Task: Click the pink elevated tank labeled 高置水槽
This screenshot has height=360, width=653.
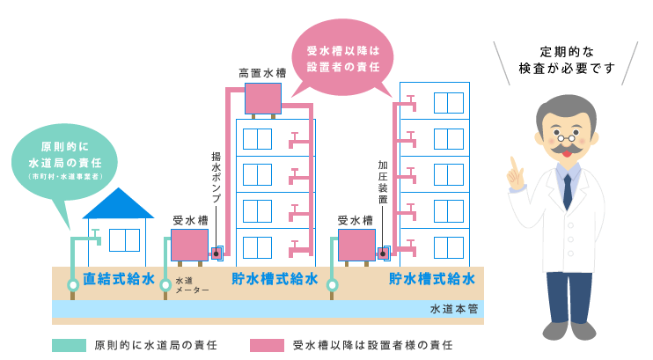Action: coord(262,98)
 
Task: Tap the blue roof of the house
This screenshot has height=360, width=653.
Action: coord(118,205)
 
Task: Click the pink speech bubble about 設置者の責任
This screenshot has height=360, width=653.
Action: coord(342,58)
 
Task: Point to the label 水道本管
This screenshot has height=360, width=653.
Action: coord(454,310)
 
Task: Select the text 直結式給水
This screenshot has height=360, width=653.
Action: coord(119,279)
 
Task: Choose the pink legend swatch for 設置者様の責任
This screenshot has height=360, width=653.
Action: coord(267,345)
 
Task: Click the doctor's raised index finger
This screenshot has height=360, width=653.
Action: coord(510,166)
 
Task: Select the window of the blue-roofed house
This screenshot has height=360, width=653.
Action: coord(125,240)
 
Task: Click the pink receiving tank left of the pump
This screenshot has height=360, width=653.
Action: coord(189,245)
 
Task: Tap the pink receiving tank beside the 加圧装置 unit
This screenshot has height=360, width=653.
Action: coord(356,245)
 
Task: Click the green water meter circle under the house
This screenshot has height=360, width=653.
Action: coord(73,284)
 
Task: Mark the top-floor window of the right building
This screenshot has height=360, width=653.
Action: coord(448,102)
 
